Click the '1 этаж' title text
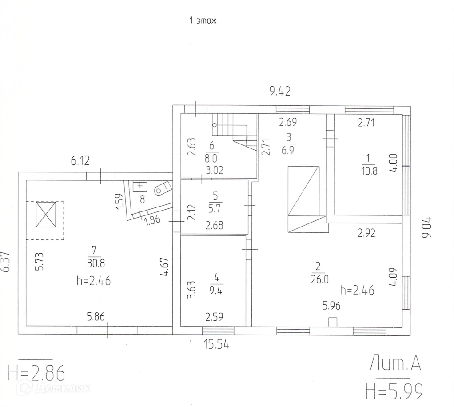203,20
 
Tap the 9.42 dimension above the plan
280,92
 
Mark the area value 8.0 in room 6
211,158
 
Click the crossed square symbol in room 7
46,215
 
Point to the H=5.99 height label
394,391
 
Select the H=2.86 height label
36,373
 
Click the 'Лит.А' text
395,363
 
